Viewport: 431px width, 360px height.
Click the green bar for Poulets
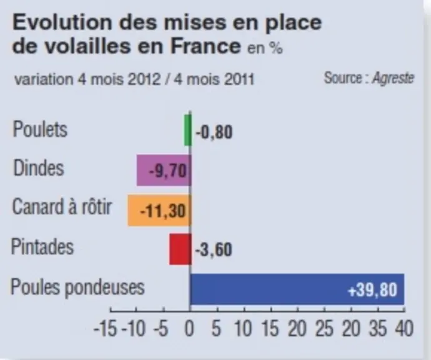click(x=188, y=130)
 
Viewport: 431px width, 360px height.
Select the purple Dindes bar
click(x=164, y=170)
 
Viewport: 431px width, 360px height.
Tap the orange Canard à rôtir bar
click(x=159, y=210)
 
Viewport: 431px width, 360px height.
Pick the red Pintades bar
click(x=180, y=249)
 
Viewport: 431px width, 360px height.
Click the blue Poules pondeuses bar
click(x=297, y=289)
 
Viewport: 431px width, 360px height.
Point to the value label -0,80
click(x=214, y=132)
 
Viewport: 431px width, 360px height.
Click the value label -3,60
click(x=214, y=250)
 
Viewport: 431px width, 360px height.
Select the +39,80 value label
click(x=373, y=290)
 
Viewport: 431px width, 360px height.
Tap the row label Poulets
click(x=40, y=129)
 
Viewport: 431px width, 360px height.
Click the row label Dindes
click(x=39, y=167)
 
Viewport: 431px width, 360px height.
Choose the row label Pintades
click(x=42, y=247)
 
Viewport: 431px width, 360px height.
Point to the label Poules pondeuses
click(x=77, y=287)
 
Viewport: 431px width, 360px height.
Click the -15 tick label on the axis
click(x=105, y=328)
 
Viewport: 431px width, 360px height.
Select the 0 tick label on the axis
click(x=189, y=328)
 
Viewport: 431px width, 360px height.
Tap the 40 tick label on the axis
click(x=404, y=328)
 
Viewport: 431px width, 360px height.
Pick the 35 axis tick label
click(x=378, y=328)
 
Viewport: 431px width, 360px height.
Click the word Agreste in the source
click(x=393, y=78)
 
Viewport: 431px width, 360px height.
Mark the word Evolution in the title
click(x=62, y=22)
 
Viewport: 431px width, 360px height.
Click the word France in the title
click(x=206, y=46)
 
